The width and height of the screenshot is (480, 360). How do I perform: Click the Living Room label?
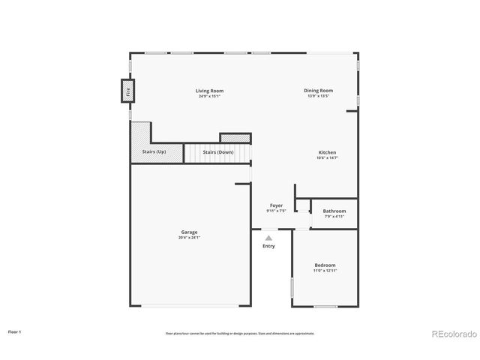[211, 91]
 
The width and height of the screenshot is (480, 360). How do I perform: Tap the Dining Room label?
[319, 91]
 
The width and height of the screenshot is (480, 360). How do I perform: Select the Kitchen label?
[327, 152]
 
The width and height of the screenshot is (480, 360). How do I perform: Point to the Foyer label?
[276, 205]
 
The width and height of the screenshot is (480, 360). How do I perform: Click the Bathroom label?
[334, 211]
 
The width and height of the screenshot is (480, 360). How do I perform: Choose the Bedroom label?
[325, 265]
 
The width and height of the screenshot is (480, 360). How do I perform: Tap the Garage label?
[189, 232]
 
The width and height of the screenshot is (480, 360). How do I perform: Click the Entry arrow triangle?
[268, 238]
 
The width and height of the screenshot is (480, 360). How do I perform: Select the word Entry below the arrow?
[268, 246]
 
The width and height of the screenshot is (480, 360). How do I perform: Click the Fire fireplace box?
[128, 92]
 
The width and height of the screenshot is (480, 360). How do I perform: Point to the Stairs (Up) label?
[154, 152]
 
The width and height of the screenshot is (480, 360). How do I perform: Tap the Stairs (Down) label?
[218, 152]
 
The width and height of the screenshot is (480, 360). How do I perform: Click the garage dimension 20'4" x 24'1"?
[189, 238]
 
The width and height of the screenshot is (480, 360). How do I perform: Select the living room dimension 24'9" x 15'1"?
[211, 96]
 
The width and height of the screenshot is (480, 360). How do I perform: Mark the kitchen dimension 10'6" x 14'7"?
[327, 157]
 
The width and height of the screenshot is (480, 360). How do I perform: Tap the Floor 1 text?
[15, 331]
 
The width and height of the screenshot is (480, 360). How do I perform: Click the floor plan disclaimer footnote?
[240, 333]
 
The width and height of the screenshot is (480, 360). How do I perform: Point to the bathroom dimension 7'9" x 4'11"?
[334, 216]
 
